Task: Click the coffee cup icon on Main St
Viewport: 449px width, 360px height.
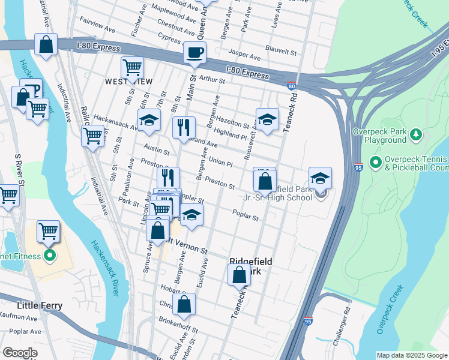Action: tap(194, 53)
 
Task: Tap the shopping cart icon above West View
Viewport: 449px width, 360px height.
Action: tap(132, 67)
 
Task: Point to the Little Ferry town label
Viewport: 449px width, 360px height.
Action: tap(40, 305)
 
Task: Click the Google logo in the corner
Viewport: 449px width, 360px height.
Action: tap(20, 353)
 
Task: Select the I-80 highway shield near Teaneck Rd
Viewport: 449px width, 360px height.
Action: tap(291, 86)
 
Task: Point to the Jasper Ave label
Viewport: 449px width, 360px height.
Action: tap(246, 55)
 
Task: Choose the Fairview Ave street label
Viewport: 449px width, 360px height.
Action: tap(97, 28)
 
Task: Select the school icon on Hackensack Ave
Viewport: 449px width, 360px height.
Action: tap(149, 120)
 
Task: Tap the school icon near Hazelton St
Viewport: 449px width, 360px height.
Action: tap(267, 118)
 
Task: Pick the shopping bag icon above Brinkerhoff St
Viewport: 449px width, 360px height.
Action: tap(184, 304)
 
